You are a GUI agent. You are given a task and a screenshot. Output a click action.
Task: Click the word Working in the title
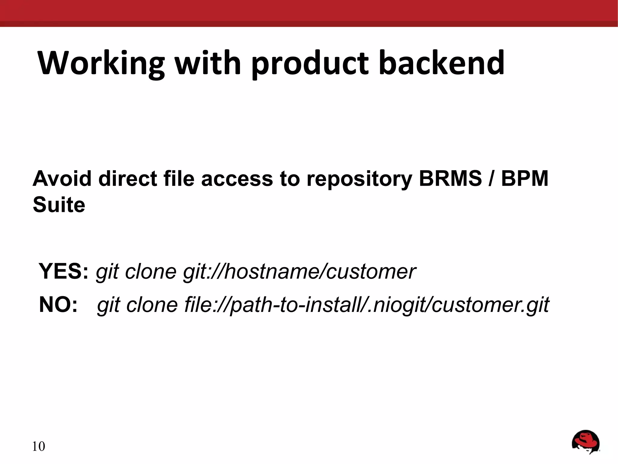click(101, 63)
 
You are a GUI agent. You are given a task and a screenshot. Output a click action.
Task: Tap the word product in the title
click(310, 63)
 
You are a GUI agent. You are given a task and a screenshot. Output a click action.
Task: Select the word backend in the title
click(441, 63)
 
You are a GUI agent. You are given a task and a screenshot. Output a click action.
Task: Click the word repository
click(359, 179)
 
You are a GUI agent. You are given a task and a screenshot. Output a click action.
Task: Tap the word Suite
click(59, 205)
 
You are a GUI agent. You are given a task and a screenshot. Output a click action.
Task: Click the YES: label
click(64, 271)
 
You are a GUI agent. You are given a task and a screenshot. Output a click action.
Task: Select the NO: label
click(58, 304)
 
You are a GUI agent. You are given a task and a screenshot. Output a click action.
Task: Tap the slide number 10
click(38, 446)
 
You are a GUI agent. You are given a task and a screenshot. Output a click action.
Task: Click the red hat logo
click(585, 442)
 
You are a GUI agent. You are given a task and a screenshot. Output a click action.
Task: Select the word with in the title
click(208, 63)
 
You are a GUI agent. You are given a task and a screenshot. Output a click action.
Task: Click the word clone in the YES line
click(151, 271)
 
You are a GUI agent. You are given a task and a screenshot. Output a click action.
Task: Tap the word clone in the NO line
click(152, 305)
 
